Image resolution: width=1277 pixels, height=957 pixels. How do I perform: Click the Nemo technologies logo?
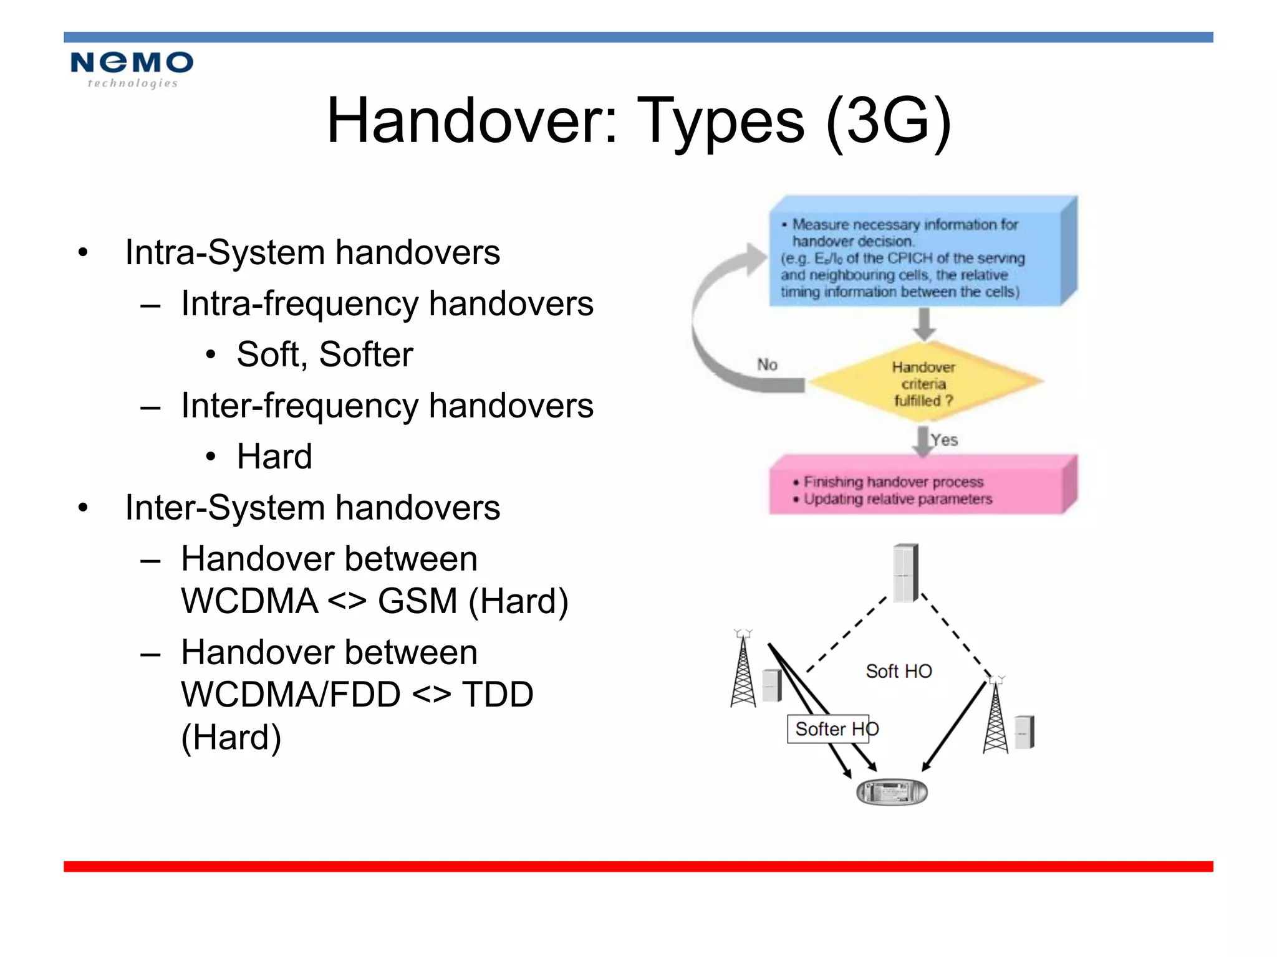coord(132,69)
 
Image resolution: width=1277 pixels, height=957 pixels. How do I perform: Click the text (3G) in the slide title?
coord(889,121)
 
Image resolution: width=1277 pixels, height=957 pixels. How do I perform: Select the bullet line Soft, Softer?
coord(324,355)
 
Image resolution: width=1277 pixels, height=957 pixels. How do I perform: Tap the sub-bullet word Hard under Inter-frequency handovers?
coord(274,457)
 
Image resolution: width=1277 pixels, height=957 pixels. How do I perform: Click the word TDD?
coord(497,695)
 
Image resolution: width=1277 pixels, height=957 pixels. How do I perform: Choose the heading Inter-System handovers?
coord(312,508)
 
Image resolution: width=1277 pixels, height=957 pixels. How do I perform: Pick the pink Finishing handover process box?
coord(917,489)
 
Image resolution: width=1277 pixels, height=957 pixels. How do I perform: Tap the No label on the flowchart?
coord(767,364)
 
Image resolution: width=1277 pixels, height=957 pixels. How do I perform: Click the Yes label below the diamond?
coord(944,440)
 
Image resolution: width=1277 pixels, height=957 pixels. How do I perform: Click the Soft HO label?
coord(899,671)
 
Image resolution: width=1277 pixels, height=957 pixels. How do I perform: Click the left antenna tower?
coord(743,673)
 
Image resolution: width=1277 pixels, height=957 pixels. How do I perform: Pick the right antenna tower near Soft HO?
coord(996,720)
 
